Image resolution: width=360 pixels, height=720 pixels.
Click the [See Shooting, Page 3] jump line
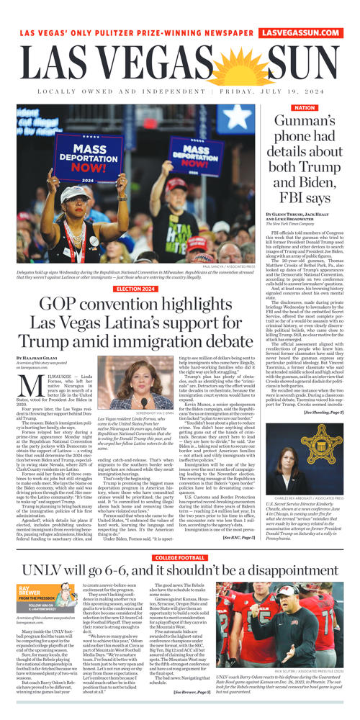[x=323, y=412]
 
